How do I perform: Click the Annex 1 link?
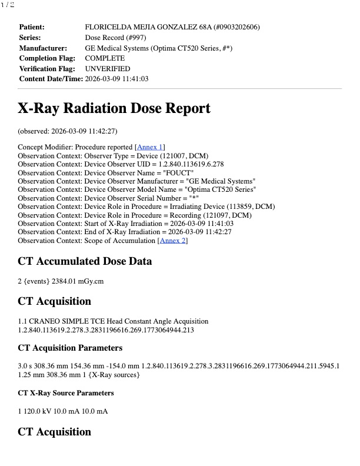pyautogui.click(x=150, y=147)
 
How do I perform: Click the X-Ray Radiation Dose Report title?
pyautogui.click(x=114, y=109)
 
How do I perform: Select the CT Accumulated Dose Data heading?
pyautogui.click(x=85, y=261)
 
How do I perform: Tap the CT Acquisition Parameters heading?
pyautogui.click(x=70, y=348)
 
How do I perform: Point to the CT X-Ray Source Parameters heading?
pyautogui.click(x=66, y=393)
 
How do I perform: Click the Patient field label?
pyautogui.click(x=32, y=27)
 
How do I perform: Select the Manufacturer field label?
pyautogui.click(x=42, y=48)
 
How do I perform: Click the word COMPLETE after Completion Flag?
pyautogui.click(x=105, y=58)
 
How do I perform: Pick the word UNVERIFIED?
pyautogui.click(x=108, y=69)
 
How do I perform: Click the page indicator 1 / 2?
pyautogui.click(x=8, y=5)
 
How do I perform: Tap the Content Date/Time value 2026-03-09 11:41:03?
pyautogui.click(x=116, y=79)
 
